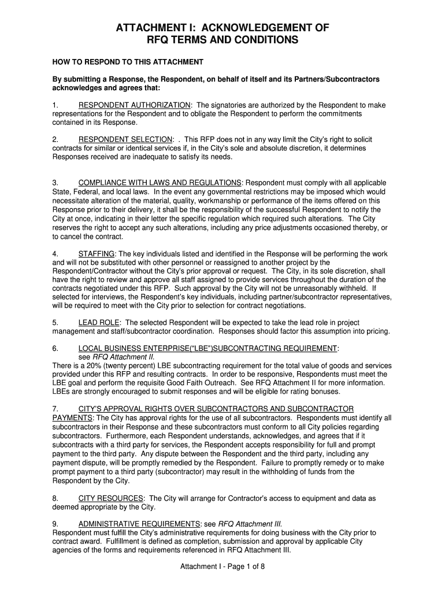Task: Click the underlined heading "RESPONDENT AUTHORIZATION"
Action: (x=135, y=105)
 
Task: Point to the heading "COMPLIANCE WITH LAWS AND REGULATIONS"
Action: (x=160, y=183)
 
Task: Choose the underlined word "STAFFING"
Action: (x=97, y=254)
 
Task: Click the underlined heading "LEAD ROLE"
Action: (x=99, y=322)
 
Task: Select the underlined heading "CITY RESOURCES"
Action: (x=111, y=498)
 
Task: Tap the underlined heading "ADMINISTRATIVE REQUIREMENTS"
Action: (x=139, y=524)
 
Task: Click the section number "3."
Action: (x=55, y=183)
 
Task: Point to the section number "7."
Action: (x=55, y=409)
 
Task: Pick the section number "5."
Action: (x=55, y=322)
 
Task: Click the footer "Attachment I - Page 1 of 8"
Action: (x=222, y=566)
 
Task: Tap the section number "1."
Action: (x=55, y=105)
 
